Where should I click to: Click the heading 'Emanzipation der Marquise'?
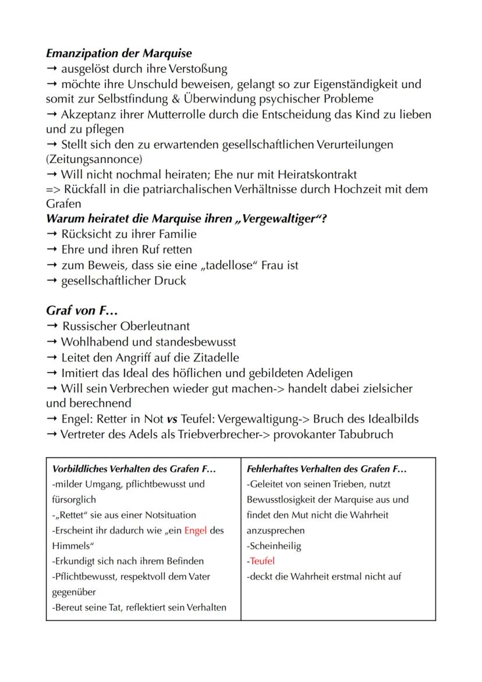tap(119, 54)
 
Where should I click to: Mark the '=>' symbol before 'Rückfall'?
tap(52, 189)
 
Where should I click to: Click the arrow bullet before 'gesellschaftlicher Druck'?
tap(52, 280)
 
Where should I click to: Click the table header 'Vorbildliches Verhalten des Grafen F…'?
tap(134, 468)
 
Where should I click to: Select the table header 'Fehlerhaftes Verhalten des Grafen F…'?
tap(327, 468)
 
